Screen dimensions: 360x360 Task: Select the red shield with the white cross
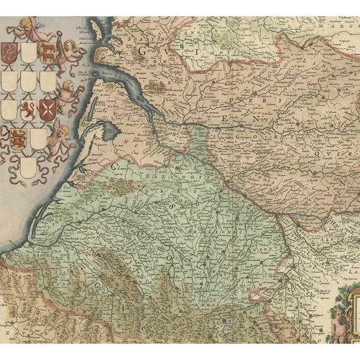coord(47,110)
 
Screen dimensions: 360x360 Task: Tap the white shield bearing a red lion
coord(28,110)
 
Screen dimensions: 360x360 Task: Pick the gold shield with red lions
coord(18,138)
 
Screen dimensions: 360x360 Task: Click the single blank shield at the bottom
coord(28,168)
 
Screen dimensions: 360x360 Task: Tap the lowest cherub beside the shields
coord(60,138)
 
